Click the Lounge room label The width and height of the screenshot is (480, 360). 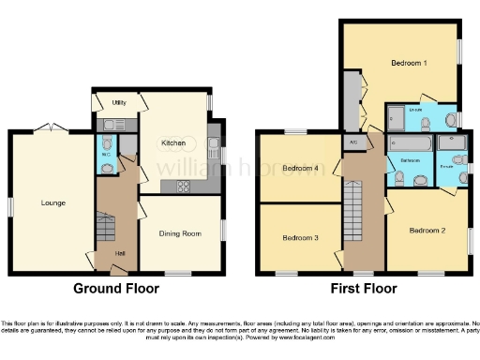click(x=52, y=202)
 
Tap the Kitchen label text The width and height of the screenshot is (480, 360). click(x=172, y=142)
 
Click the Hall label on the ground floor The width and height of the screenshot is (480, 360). click(x=119, y=254)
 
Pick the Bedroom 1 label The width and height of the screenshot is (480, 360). click(x=409, y=63)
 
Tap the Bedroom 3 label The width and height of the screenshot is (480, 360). click(x=300, y=238)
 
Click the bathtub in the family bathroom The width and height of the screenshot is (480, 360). click(x=410, y=143)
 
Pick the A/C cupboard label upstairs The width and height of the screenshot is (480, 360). click(x=353, y=142)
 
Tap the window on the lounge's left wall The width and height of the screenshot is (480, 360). click(x=11, y=203)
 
